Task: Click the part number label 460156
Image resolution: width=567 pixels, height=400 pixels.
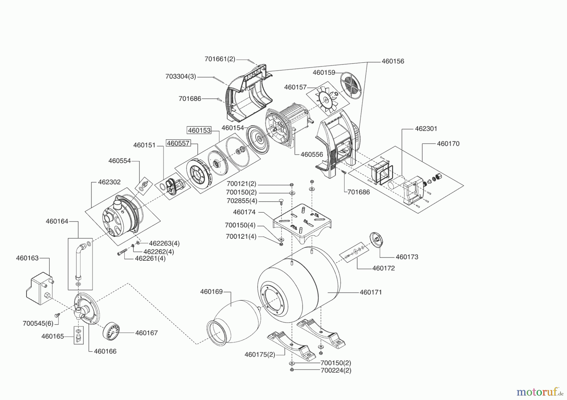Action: click(393, 61)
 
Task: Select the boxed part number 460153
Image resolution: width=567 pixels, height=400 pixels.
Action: click(199, 130)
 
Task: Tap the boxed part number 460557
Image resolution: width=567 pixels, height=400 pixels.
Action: click(178, 143)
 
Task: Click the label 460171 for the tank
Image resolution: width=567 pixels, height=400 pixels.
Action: click(371, 292)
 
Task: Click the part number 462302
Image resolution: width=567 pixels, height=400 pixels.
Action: click(109, 182)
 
